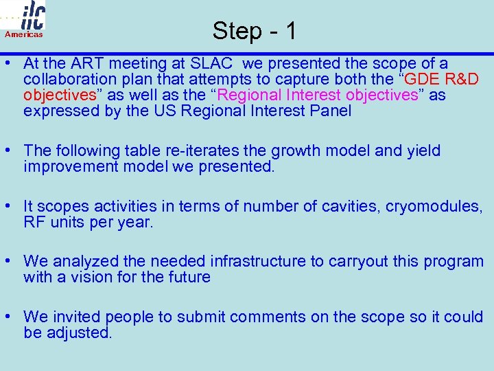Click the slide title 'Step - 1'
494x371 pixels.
click(255, 30)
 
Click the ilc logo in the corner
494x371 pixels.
click(32, 15)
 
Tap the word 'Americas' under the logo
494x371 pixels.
click(24, 34)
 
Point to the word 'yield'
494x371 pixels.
click(423, 150)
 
